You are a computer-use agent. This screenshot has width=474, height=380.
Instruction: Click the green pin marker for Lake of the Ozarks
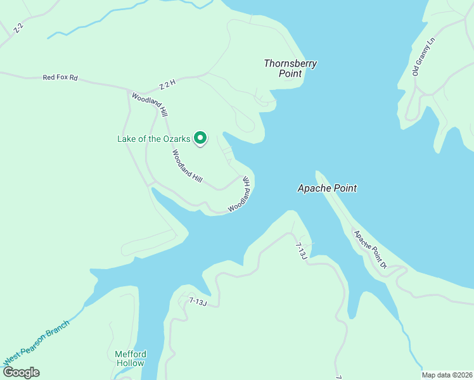tap(200, 137)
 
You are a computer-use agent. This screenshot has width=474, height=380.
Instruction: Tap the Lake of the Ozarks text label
tap(154, 139)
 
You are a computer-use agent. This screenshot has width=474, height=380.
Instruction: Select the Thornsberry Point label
tap(290, 68)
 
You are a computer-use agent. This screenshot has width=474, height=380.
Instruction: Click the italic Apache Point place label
tap(327, 188)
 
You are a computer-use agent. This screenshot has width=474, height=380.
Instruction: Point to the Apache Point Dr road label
tap(371, 250)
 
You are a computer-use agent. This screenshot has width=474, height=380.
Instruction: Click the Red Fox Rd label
tap(60, 77)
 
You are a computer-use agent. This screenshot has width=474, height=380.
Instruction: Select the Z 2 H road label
tap(167, 85)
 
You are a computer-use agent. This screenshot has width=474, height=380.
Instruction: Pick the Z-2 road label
tap(18, 28)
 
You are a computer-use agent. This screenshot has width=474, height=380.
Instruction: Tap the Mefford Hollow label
tap(131, 358)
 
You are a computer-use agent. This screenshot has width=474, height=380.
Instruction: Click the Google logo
tap(21, 372)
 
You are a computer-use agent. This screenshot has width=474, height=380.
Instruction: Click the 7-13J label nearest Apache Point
tap(301, 250)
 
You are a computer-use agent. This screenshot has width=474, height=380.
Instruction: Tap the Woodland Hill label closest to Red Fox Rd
tap(149, 104)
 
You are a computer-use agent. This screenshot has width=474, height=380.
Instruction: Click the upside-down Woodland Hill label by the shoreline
tap(240, 194)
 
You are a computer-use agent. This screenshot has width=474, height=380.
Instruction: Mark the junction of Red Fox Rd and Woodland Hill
tap(129, 90)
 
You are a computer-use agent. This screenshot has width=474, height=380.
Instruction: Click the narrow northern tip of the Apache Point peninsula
tap(318, 173)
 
